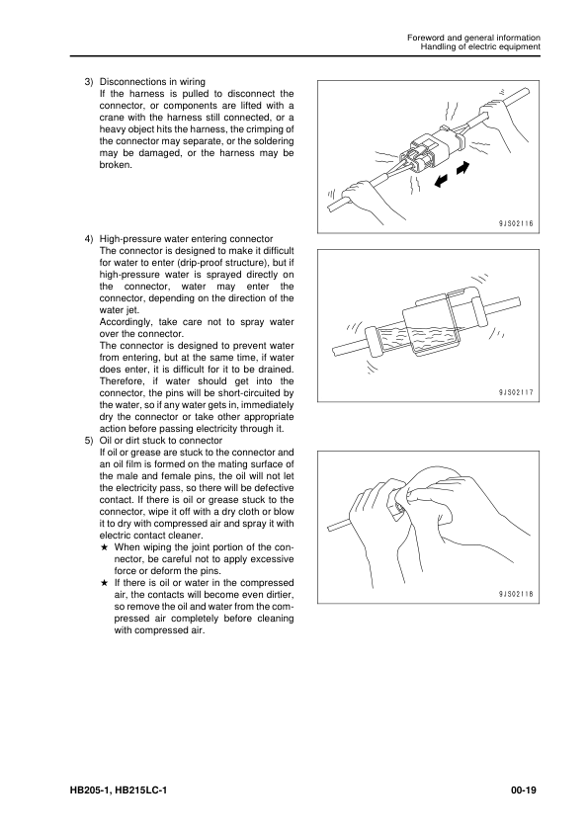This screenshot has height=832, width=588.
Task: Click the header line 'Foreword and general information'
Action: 473,38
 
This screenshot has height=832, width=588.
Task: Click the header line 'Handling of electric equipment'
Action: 480,46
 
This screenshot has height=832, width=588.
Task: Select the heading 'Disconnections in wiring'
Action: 152,82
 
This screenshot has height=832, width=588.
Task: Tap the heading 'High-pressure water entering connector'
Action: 186,239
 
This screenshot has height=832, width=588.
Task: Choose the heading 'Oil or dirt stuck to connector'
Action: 161,441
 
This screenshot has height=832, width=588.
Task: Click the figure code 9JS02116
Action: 515,224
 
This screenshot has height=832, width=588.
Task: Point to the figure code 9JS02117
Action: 515,392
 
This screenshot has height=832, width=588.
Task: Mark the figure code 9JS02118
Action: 515,594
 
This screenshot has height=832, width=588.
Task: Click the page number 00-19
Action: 524,790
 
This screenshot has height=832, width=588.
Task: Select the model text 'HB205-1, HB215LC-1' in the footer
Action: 119,790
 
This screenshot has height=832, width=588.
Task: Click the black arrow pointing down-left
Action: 440,181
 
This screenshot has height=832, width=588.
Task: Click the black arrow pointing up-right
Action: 462,168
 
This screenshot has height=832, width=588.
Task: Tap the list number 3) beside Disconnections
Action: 89,82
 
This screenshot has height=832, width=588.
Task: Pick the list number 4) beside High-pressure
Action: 89,239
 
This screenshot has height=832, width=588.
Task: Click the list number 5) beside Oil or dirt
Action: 89,441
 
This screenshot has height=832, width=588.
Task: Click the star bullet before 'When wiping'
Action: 105,547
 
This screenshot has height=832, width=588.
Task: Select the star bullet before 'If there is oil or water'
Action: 105,583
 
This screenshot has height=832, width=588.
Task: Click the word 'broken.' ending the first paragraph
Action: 116,165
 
